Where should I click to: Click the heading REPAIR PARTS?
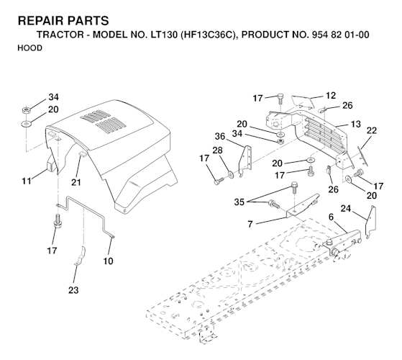point(63,21)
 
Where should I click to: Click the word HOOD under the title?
point(29,48)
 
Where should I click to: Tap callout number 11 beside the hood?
point(27,181)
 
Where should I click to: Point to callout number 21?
point(76,182)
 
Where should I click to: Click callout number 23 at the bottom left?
point(73,290)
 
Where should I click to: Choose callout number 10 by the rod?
point(108,261)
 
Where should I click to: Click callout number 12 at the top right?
point(331,96)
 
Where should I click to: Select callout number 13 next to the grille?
point(355,124)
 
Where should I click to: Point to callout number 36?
point(220,136)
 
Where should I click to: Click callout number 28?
point(217,150)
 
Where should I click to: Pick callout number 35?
point(239,202)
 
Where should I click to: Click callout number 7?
point(250,224)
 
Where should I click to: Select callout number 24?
point(346,209)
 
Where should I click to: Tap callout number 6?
point(331,217)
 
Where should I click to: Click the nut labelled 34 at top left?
point(26,111)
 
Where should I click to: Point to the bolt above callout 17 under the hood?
point(58,221)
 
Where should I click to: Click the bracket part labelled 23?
point(81,256)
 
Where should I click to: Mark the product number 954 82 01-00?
point(340,35)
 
